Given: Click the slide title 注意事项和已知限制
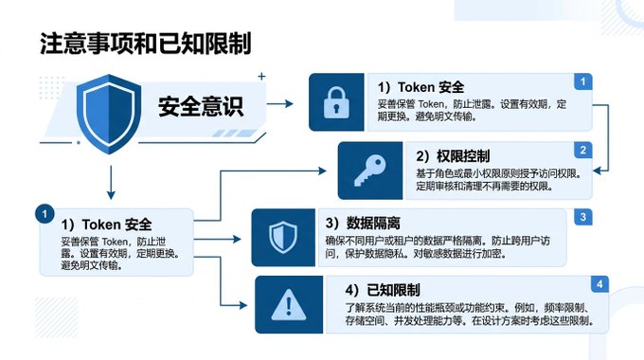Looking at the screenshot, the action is pos(146,44).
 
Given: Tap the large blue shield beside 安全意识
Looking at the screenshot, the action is pos(109,114).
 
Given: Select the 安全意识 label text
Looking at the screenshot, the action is pos(201,106).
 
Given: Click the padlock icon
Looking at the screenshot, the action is pos(336,102).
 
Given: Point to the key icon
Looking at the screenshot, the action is pos(370,171).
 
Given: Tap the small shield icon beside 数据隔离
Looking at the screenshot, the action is pos(283,237).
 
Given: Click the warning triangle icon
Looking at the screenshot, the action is pos(289,304).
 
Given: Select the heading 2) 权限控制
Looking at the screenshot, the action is pos(453,156).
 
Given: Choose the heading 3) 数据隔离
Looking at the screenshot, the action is pos(363,224).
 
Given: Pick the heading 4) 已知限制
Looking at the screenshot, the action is pos(383,290).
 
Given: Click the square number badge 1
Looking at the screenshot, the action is pos(582,81).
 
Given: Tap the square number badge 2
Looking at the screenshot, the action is pos(582,150).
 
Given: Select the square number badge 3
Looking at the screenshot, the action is pos(583,217).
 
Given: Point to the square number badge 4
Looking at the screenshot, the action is pos(599,284).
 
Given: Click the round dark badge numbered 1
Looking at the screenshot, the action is pos(45,214).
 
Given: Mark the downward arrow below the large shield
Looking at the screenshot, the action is pos(111,183).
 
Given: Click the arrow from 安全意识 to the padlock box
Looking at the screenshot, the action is pos(279,103).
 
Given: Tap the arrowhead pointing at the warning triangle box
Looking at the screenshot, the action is pos(243,305).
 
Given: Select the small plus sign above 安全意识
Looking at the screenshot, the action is pos(261,76).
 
